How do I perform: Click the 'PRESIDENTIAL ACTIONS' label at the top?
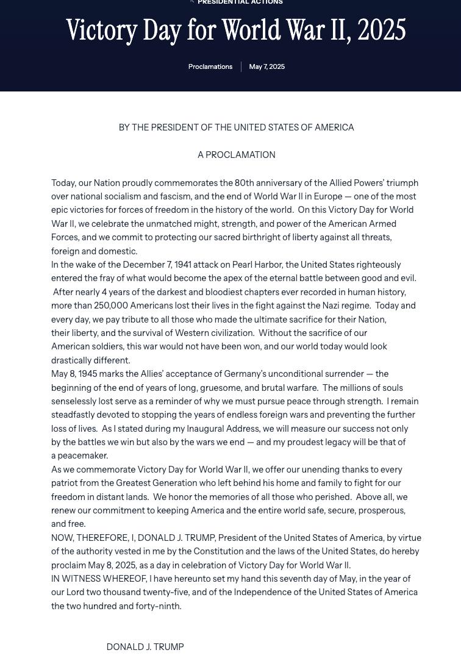(x=240, y=2)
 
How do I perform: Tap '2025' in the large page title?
(x=382, y=30)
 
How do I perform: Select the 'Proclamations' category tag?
(x=210, y=66)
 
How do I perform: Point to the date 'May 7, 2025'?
(x=266, y=66)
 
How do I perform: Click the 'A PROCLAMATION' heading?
(x=236, y=155)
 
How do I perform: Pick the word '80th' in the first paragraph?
(x=244, y=183)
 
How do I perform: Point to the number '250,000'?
(x=111, y=305)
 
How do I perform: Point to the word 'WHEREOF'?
(x=124, y=579)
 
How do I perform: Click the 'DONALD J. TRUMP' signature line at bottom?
(x=145, y=647)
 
